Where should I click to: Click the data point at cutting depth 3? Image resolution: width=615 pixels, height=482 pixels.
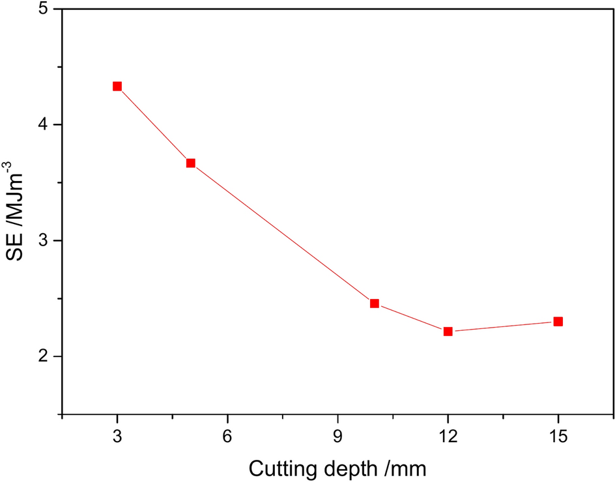[117, 86]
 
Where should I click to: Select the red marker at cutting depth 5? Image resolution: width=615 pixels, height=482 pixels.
[191, 163]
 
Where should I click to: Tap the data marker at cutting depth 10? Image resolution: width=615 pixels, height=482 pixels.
[375, 304]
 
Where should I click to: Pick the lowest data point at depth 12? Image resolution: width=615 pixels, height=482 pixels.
[448, 332]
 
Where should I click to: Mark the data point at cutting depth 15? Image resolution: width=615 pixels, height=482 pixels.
[558, 322]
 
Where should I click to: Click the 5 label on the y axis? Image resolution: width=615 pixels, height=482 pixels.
[48, 10]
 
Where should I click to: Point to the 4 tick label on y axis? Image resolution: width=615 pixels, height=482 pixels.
[48, 125]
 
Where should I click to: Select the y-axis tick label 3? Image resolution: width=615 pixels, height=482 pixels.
[48, 241]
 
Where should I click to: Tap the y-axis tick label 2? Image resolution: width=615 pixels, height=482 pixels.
[48, 357]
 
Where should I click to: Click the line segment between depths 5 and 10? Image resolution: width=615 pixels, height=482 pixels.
[283, 233]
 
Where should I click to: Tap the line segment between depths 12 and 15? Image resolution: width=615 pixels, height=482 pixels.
[503, 326]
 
